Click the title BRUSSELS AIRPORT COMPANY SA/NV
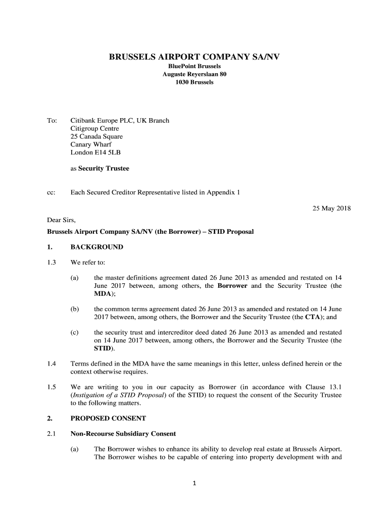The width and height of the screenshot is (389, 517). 194,58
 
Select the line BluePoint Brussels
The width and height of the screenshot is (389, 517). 194,66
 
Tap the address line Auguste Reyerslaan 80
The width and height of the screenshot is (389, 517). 194,74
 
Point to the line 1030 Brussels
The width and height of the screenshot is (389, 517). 194,82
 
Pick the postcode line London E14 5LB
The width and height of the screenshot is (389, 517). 95,152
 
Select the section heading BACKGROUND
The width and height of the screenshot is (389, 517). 96,247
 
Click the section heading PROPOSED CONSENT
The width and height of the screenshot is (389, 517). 108,419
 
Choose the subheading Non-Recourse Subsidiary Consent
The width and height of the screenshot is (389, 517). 123,433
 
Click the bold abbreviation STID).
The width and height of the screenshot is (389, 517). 105,348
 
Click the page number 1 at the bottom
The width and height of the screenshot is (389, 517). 194,484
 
